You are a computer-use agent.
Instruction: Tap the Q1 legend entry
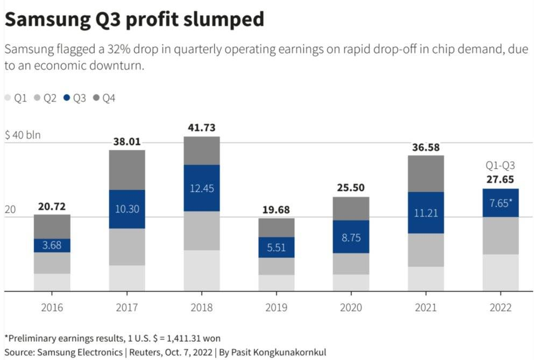[x=16, y=98]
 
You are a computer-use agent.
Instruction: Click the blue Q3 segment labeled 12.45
[x=201, y=188]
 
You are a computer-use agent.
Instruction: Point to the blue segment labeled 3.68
[x=52, y=245]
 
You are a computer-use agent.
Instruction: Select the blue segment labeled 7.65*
[x=501, y=203]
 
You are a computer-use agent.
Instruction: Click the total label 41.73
[x=201, y=128]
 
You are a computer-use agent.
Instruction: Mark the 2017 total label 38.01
[x=127, y=142]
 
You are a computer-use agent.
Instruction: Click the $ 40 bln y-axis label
[x=23, y=135]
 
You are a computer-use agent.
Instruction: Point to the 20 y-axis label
[x=10, y=209]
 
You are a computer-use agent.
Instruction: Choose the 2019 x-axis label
[x=276, y=308]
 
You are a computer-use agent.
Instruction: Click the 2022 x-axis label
[x=501, y=308]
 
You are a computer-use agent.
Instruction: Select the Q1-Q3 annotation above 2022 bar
[x=501, y=166]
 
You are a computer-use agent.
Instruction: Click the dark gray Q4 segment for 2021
[x=426, y=173]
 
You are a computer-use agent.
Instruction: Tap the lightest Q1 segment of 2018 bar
[x=201, y=270]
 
